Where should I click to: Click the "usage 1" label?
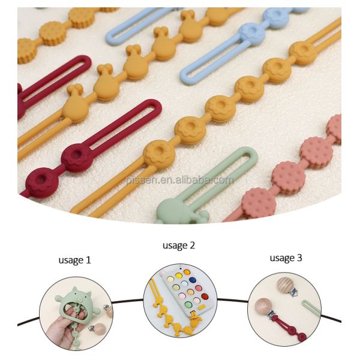pyautogui.click(x=74, y=260)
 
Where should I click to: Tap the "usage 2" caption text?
pyautogui.click(x=179, y=245)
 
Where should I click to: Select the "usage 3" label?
pyautogui.click(x=286, y=257)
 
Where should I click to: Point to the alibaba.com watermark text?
pyautogui.click(x=179, y=179)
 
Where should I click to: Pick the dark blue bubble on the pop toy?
pyautogui.click(x=193, y=281)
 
